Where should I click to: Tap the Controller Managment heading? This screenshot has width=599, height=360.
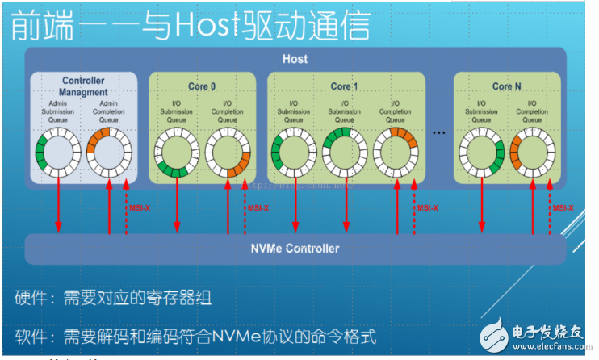click(x=83, y=86)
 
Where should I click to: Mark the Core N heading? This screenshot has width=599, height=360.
click(x=508, y=86)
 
